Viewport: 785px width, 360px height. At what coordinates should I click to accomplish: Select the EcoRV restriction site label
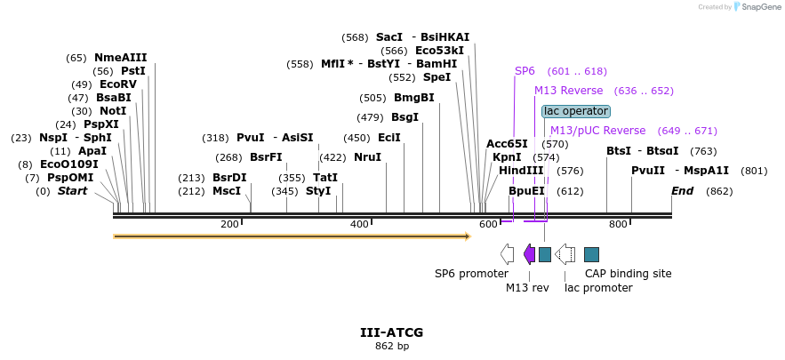click(117, 84)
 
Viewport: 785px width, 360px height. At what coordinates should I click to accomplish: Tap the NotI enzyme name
click(113, 111)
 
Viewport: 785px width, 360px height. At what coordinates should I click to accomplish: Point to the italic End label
click(682, 191)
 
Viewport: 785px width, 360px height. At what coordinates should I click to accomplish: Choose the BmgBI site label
click(413, 98)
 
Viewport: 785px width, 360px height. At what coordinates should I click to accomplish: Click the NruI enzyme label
click(367, 157)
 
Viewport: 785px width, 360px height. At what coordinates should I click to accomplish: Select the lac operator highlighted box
click(576, 111)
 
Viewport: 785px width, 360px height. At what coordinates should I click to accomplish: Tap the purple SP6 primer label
click(525, 71)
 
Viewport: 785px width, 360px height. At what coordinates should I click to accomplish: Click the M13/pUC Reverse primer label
click(597, 131)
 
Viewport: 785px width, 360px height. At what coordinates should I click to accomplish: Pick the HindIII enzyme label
click(521, 170)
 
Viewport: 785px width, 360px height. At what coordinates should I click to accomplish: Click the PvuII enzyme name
click(648, 171)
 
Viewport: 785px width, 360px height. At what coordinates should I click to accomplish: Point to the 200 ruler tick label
click(229, 224)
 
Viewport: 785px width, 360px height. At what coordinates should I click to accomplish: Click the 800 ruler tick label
click(618, 224)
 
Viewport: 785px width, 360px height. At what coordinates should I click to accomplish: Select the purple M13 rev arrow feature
click(529, 254)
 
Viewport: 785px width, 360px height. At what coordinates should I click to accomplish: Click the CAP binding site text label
click(628, 274)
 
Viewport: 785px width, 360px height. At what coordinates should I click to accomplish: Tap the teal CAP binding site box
click(591, 254)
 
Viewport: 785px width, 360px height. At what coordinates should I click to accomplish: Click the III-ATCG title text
click(391, 332)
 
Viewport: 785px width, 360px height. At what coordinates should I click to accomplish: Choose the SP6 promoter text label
click(471, 274)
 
